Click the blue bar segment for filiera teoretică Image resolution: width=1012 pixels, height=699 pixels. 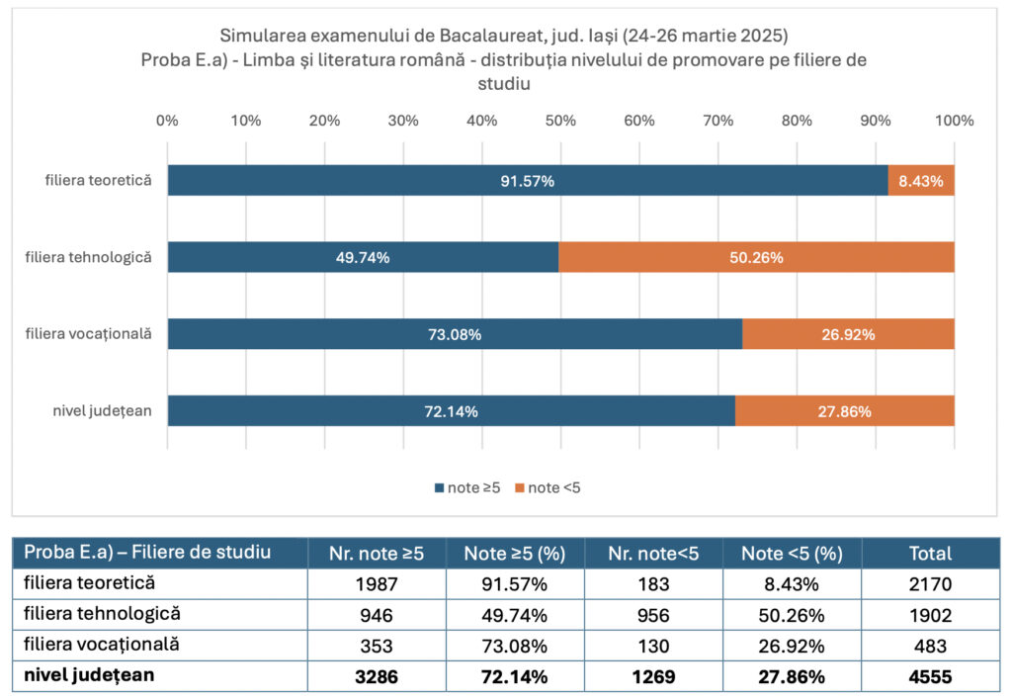[x=528, y=181]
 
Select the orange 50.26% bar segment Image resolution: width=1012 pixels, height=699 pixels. [x=756, y=258]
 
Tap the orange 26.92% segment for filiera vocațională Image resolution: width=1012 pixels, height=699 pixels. [x=848, y=334]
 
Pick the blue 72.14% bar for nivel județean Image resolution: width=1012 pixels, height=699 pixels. [x=451, y=411]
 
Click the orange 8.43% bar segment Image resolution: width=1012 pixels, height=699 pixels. [x=921, y=181]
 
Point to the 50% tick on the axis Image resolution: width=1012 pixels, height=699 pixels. [x=560, y=121]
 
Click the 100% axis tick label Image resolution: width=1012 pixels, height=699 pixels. [x=954, y=121]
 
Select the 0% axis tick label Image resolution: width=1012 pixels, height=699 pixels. [x=167, y=121]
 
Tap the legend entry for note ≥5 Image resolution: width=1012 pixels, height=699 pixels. [x=468, y=487]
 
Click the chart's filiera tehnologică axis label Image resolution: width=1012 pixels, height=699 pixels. [x=89, y=257]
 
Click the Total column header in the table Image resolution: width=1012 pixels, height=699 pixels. [x=930, y=554]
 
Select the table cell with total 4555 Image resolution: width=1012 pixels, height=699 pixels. [x=930, y=677]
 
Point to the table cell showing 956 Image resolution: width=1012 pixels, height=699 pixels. [x=653, y=615]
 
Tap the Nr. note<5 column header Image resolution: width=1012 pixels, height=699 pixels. [x=653, y=554]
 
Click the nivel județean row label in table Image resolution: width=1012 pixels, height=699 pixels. [x=90, y=676]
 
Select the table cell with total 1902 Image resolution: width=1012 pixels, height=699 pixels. [x=930, y=615]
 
